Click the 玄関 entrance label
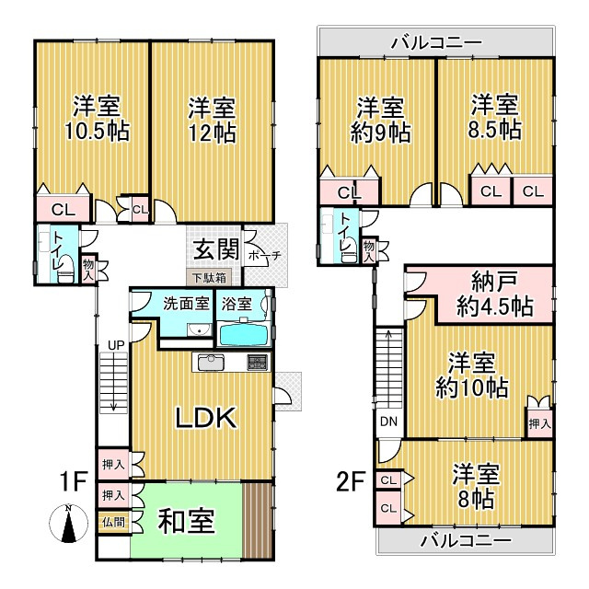point(216,249)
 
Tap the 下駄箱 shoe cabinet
point(209,278)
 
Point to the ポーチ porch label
point(264,256)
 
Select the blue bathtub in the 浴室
point(244,335)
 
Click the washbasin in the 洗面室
point(199,329)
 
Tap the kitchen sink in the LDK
point(211,362)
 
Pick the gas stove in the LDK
point(258,362)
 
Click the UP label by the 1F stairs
point(116,346)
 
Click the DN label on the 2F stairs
point(388,422)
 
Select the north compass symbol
point(68,524)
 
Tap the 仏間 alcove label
point(113,522)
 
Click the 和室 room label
point(186,521)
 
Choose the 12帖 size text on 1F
point(213,133)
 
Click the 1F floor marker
point(74,481)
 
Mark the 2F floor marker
point(349,481)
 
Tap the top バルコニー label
point(436,43)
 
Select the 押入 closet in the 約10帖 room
point(540,423)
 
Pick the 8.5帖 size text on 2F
point(494,130)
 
